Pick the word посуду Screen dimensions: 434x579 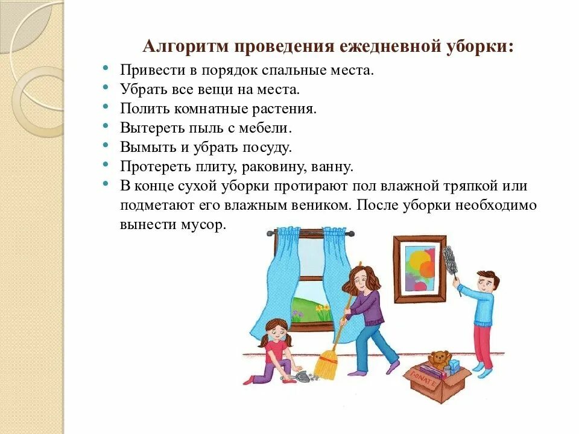click(265, 147)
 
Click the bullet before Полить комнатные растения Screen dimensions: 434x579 click(106, 107)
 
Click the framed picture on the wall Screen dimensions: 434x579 click(419, 268)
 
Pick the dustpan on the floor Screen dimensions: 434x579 click(302, 377)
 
